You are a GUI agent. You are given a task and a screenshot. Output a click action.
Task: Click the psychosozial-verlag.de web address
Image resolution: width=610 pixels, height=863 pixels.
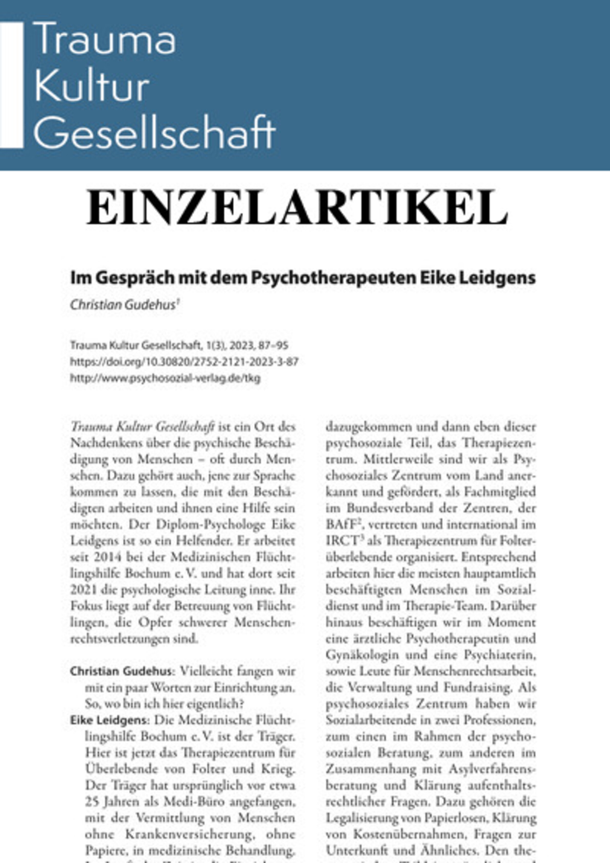[165, 378]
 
